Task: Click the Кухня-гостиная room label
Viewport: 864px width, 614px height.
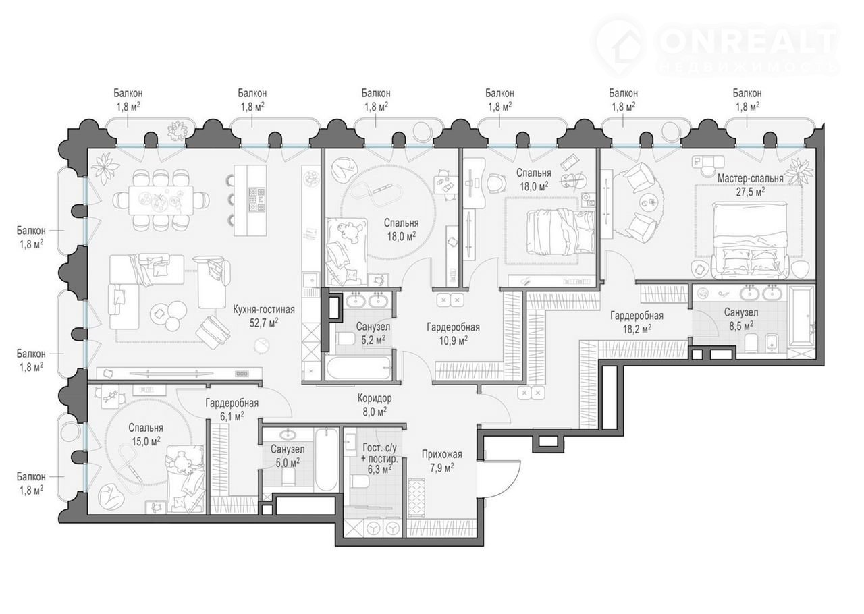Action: tap(264, 309)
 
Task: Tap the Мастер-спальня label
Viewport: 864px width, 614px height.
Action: tap(750, 179)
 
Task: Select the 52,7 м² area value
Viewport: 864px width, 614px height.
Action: tap(264, 323)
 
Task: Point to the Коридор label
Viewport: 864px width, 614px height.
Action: tap(375, 397)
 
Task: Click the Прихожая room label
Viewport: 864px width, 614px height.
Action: tap(441, 454)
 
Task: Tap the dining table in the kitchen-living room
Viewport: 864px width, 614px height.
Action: tap(162, 200)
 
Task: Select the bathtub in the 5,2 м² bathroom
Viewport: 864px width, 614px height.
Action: tap(358, 368)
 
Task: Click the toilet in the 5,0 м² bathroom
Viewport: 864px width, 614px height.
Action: tap(288, 479)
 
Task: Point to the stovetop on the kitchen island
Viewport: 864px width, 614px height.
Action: tap(257, 200)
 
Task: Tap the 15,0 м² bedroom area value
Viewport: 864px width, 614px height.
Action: tap(146, 441)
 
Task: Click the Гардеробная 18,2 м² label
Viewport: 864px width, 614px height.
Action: tap(637, 322)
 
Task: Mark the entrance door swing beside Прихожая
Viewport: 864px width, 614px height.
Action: tap(500, 478)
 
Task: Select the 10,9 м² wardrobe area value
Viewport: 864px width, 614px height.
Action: tap(453, 341)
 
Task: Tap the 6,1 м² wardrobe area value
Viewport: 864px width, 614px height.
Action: tap(232, 416)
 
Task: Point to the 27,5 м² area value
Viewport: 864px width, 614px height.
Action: tap(751, 192)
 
